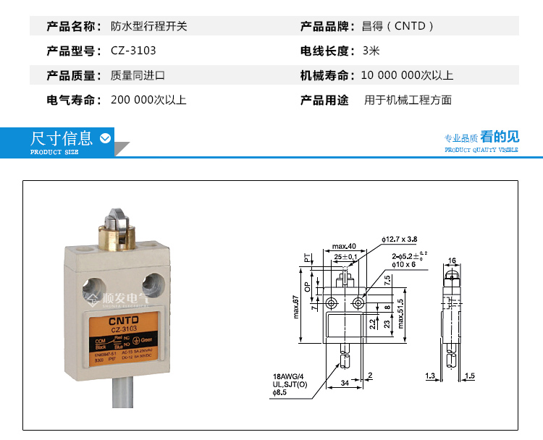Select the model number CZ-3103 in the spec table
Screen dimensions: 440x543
coord(133,51)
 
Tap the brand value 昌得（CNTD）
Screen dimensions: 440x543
coord(399,27)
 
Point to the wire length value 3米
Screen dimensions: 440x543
coord(371,51)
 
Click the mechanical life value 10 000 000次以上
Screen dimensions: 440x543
coord(407,75)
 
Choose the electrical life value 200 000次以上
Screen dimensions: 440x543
coord(148,100)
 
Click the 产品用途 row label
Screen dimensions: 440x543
coord(324,100)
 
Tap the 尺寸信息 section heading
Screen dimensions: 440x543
coord(62,138)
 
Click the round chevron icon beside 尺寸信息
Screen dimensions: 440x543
coord(106,138)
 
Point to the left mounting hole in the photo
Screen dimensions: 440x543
coord(94,283)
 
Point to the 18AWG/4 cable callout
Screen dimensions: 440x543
coord(288,376)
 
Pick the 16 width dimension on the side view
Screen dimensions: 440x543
coord(452,261)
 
